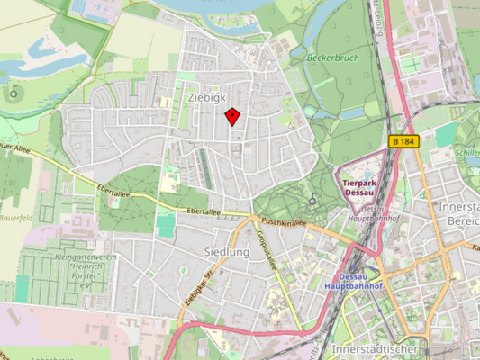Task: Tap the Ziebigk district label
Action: tap(207, 94)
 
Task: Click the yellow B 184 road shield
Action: tap(405, 141)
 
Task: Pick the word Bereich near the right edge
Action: tap(457, 220)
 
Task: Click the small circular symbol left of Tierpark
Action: tap(312, 199)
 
